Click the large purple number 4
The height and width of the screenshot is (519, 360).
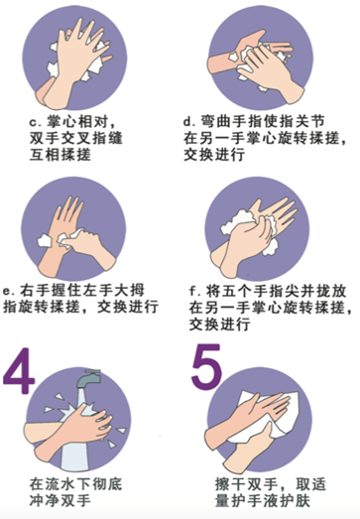19,371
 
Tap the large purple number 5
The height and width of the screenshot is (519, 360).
206,367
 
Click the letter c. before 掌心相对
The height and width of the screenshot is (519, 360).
36,122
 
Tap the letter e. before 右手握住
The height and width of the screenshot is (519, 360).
9,292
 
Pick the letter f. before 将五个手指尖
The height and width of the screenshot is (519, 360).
195,292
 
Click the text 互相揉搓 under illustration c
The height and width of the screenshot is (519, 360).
60,155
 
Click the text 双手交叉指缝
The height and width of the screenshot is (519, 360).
75,138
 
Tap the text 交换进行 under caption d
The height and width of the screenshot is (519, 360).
215,154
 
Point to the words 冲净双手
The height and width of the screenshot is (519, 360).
60,500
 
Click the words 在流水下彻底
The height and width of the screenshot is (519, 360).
75,484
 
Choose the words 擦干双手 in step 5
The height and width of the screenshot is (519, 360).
246,484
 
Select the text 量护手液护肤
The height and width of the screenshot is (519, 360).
263,500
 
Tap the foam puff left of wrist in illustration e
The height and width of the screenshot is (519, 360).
44,240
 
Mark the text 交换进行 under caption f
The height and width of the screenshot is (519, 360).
220,324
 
